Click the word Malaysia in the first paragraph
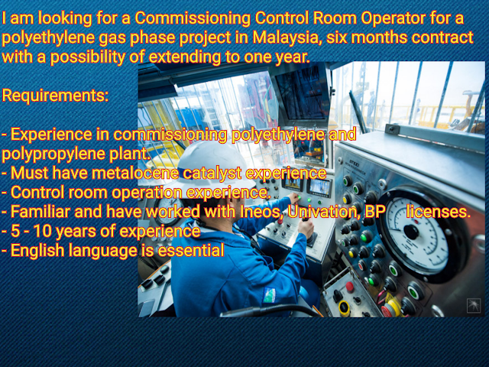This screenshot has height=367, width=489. tap(287, 37)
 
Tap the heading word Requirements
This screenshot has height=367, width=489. tap(55, 95)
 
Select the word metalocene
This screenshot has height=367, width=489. tap(135, 173)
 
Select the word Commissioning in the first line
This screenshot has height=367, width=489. tap(193, 18)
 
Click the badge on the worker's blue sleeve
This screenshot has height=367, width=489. tap(270, 295)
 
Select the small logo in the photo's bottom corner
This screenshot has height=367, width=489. tap(474, 306)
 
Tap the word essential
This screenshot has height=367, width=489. tap(191, 250)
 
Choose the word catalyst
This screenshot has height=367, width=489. tap(212, 174)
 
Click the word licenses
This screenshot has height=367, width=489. tap(439, 212)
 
